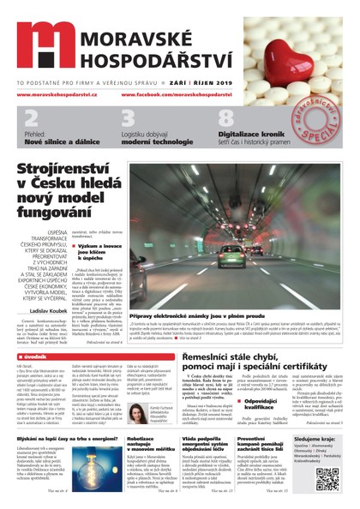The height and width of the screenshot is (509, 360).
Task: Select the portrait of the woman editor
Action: click(137, 416)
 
